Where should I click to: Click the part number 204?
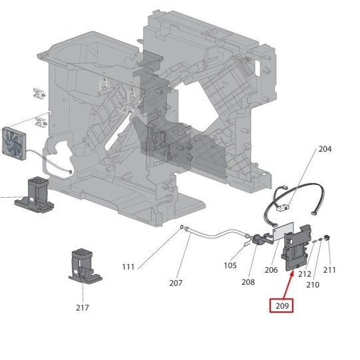(325, 149)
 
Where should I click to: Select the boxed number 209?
(281, 306)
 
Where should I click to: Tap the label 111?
(128, 267)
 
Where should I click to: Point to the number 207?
(176, 283)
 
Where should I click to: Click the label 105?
(230, 266)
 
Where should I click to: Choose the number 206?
(271, 270)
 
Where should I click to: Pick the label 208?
(248, 282)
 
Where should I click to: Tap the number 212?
(305, 274)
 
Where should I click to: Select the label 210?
(313, 285)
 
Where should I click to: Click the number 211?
(329, 270)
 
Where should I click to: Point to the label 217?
(83, 307)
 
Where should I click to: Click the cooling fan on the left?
(14, 143)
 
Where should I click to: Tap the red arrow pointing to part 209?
(288, 285)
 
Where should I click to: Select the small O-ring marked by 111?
(182, 227)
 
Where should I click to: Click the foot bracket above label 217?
(85, 266)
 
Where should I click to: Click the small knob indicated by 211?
(327, 238)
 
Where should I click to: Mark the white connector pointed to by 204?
(283, 208)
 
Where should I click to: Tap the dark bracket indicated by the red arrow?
(296, 248)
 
